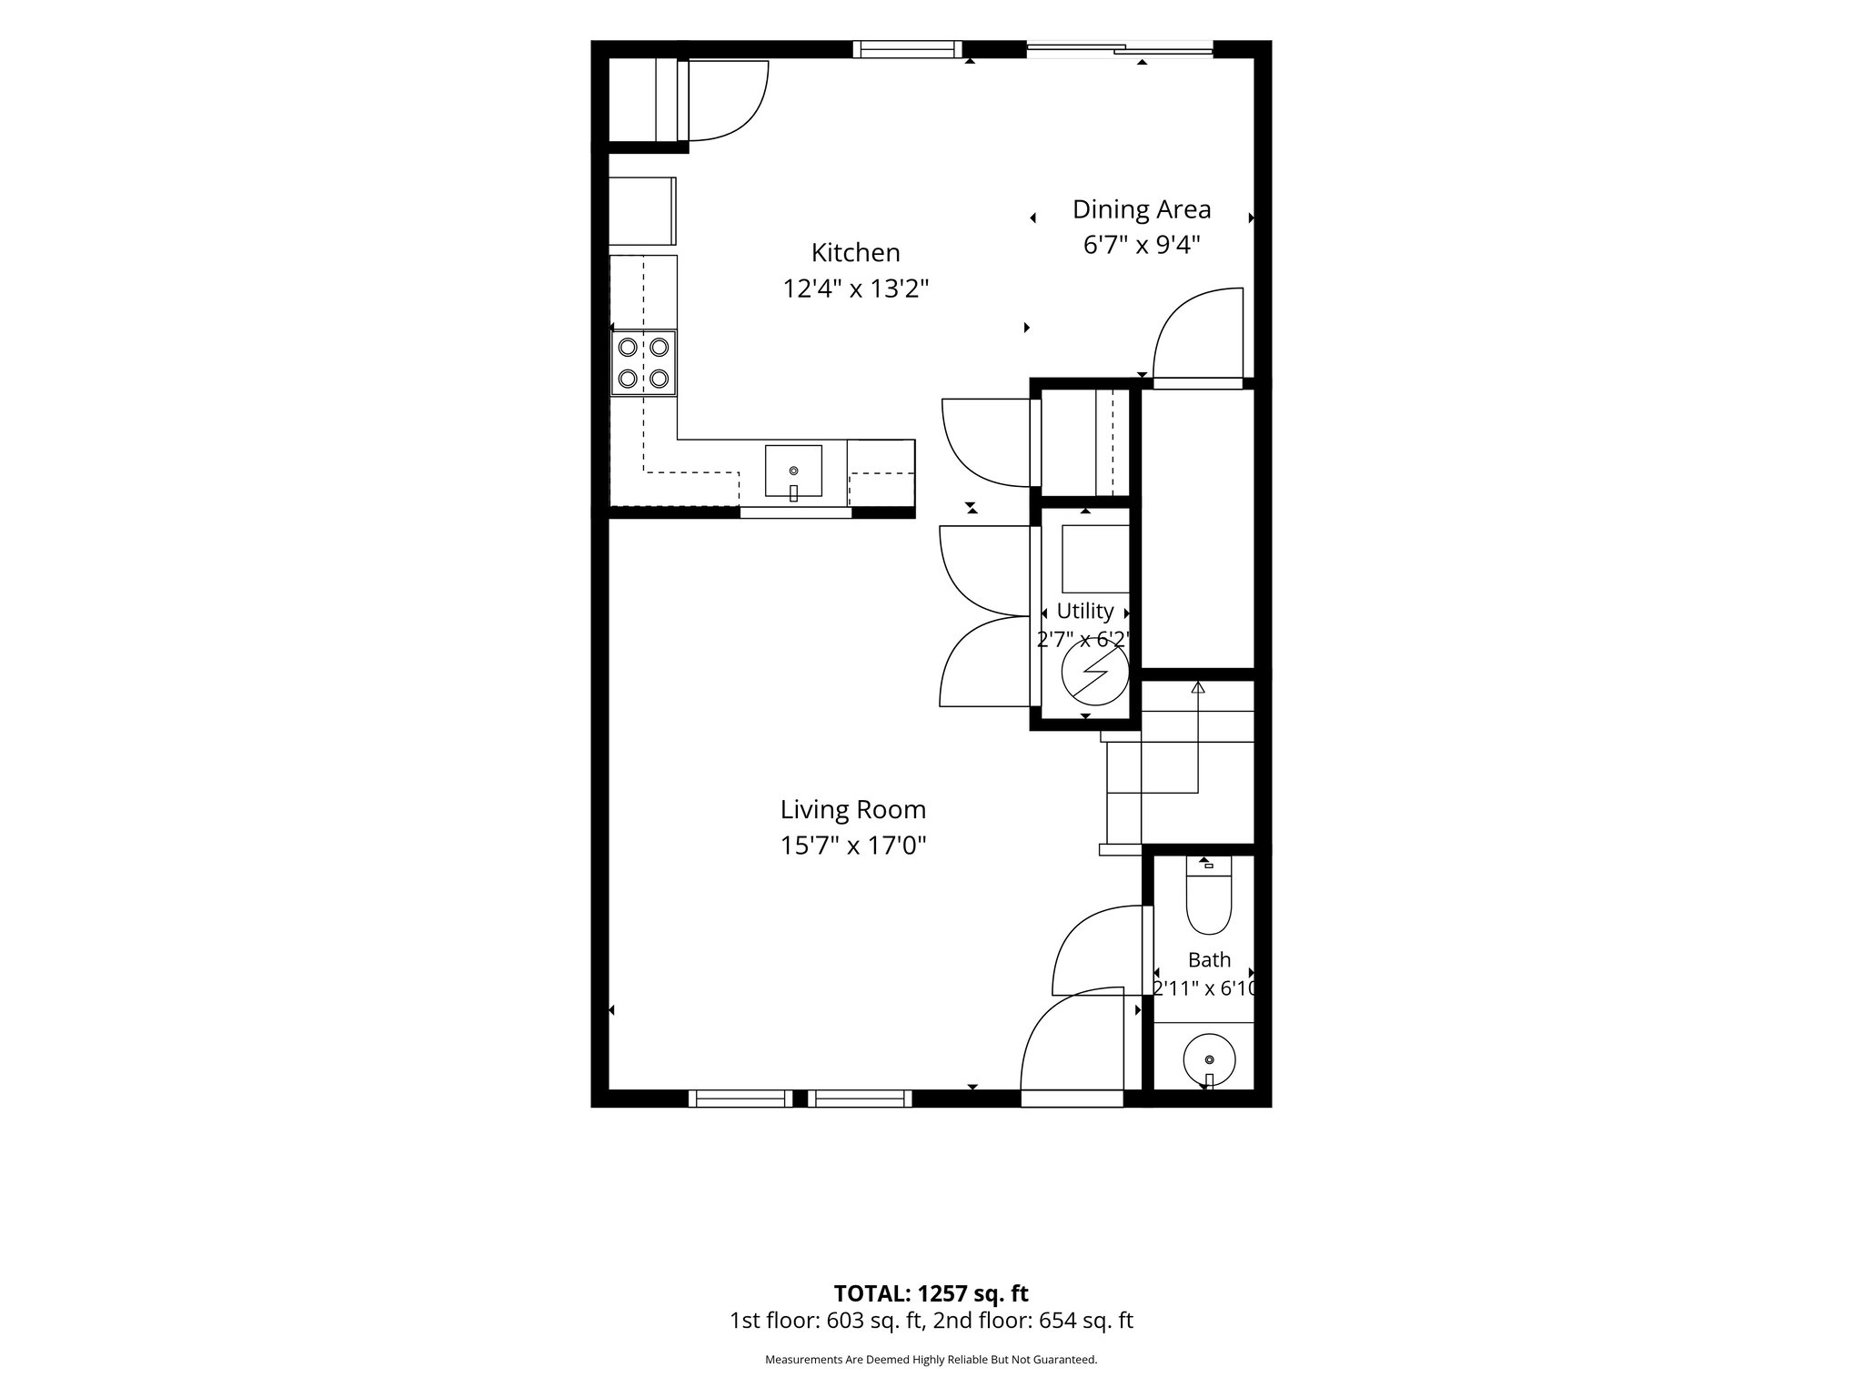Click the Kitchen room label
tap(855, 252)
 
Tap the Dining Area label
tap(1142, 209)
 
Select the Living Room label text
tap(853, 810)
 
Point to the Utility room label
tap(1085, 611)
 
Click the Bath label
tap(1209, 959)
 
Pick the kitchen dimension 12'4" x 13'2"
tap(856, 289)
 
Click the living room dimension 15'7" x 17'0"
tap(853, 846)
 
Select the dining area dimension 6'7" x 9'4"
tap(1142, 246)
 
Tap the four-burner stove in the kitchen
tap(644, 362)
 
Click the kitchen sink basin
tap(793, 471)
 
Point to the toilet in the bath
tap(1209, 896)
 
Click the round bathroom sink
tap(1209, 1060)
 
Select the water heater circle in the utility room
tap(1094, 674)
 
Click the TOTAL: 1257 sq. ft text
tap(931, 1293)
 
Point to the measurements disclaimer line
tap(931, 1360)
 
